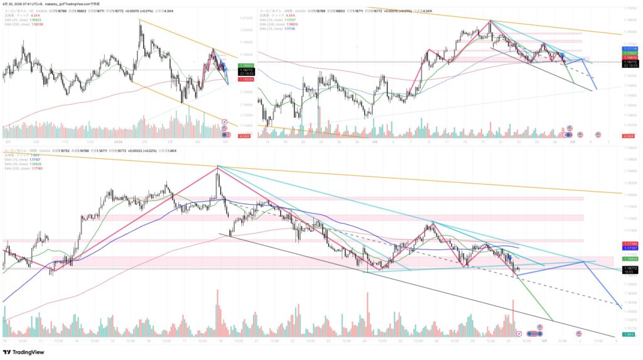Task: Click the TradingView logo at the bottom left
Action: point(25,352)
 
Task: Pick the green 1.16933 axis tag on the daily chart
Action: point(245,66)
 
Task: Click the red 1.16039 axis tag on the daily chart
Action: point(245,80)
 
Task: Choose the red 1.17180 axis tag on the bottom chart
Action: point(631,243)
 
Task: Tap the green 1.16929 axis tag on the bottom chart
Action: point(631,259)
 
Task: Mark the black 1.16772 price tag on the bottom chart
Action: point(631,268)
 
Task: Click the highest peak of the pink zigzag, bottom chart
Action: point(217,166)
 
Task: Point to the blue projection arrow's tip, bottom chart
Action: point(622,308)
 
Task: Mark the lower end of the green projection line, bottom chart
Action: point(553,320)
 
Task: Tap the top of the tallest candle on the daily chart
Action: point(139,23)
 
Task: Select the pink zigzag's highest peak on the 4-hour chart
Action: point(490,21)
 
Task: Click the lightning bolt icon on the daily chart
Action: point(224,121)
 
